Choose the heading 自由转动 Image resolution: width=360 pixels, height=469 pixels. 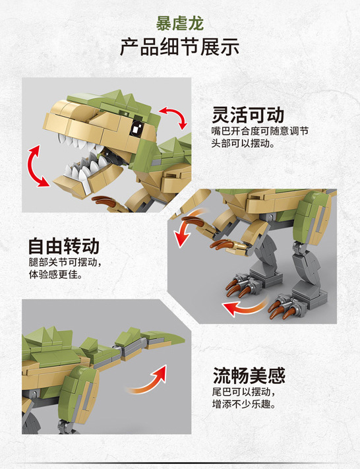pos(63,245)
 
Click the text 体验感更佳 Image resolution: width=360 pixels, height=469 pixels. pos(55,276)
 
